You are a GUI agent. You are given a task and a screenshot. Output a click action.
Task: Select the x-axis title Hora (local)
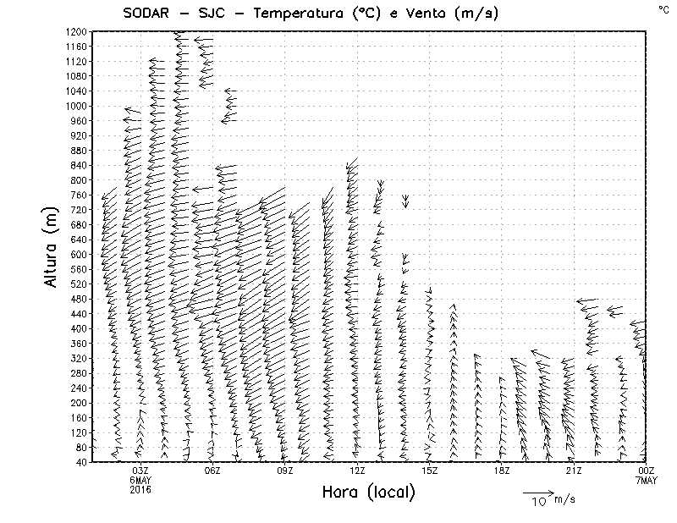pos(368,493)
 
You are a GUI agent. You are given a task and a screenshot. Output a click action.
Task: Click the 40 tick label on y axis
pos(81,461)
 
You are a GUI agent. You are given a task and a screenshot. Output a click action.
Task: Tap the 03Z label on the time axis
pos(140,471)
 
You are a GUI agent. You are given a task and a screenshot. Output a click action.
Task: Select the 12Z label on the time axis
pos(357,471)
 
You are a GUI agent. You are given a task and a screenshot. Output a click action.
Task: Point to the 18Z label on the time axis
pos(502,471)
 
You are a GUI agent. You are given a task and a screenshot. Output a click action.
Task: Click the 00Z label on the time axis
pos(647,471)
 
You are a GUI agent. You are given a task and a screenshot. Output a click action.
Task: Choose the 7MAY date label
pos(647,480)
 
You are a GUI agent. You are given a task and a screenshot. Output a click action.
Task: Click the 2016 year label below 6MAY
pos(140,489)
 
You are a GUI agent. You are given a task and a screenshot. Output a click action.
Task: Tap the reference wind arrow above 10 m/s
pos(537,491)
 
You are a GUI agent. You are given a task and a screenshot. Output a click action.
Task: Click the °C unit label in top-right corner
pos(663,8)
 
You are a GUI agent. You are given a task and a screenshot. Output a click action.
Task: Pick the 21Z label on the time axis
pos(574,471)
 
